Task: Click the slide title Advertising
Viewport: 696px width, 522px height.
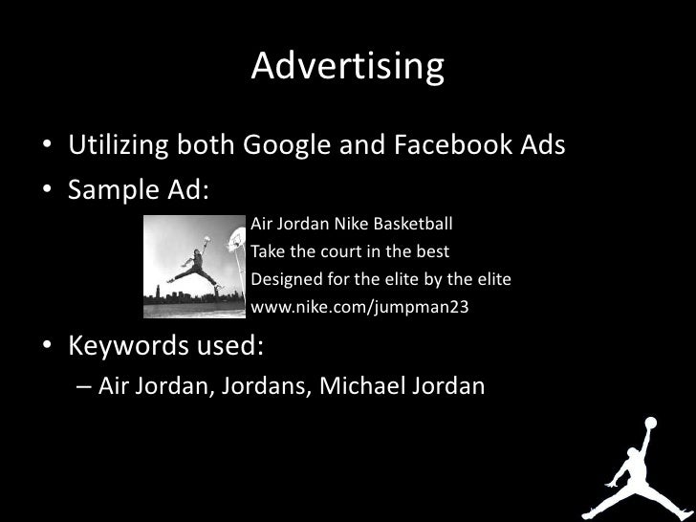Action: [x=348, y=67]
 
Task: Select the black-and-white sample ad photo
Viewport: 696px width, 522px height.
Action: [x=195, y=266]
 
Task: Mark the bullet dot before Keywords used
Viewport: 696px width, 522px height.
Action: [x=46, y=345]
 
